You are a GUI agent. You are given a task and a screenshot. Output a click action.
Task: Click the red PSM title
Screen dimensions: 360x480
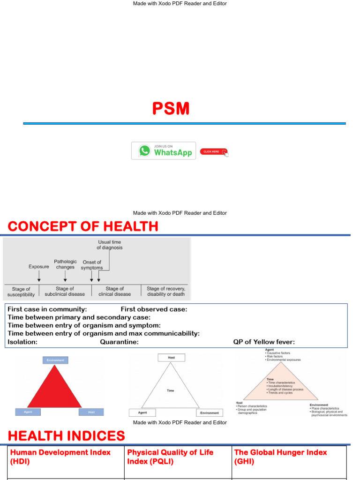tap(171, 109)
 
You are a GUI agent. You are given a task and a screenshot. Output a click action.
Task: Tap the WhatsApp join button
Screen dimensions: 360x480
tap(164, 151)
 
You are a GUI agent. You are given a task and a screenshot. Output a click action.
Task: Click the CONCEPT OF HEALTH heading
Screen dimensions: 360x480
tap(83, 227)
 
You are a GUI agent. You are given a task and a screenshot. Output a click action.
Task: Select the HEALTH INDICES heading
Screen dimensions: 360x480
tap(66, 436)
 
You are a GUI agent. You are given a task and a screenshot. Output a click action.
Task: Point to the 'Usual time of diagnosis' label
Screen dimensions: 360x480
tap(109, 245)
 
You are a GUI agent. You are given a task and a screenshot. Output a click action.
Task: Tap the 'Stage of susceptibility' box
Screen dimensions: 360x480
tap(21, 292)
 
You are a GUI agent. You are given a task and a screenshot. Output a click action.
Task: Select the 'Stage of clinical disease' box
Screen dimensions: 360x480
tap(115, 292)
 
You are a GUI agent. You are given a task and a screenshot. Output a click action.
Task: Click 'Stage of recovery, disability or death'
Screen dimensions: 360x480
tap(166, 292)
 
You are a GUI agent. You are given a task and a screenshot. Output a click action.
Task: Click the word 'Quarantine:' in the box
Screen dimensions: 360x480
tap(119, 342)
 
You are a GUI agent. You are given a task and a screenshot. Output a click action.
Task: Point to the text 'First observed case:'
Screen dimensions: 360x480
tap(154, 309)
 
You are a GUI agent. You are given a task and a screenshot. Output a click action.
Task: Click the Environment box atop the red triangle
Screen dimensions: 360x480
tap(56, 360)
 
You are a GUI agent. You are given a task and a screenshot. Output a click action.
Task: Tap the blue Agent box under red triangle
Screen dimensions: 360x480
tap(28, 412)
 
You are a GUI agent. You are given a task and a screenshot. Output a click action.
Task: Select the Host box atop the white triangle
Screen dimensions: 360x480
tap(171, 357)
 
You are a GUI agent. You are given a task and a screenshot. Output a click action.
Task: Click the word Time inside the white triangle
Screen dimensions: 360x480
tap(170, 390)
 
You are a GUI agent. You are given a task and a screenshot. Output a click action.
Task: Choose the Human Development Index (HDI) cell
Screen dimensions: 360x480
tap(60, 457)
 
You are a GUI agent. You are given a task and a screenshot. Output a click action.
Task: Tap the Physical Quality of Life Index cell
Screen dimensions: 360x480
tap(170, 457)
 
